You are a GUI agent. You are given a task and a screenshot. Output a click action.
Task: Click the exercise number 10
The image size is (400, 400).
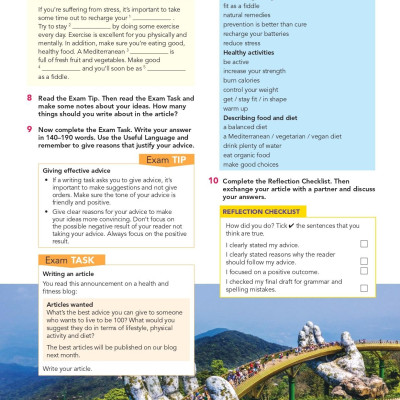(x=214, y=180)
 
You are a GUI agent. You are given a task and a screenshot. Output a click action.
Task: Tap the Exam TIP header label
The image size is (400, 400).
(x=169, y=160)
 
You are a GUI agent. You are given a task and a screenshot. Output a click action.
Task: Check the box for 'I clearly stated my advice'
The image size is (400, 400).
(x=363, y=244)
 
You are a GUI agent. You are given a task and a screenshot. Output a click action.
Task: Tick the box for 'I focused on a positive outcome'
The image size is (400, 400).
(x=363, y=271)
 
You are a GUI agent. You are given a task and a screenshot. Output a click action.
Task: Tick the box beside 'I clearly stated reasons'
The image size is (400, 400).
(x=363, y=258)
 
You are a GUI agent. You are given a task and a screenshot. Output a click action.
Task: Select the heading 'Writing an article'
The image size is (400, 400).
(x=68, y=273)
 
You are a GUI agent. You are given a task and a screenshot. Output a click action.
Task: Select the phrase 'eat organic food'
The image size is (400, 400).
(x=249, y=155)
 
